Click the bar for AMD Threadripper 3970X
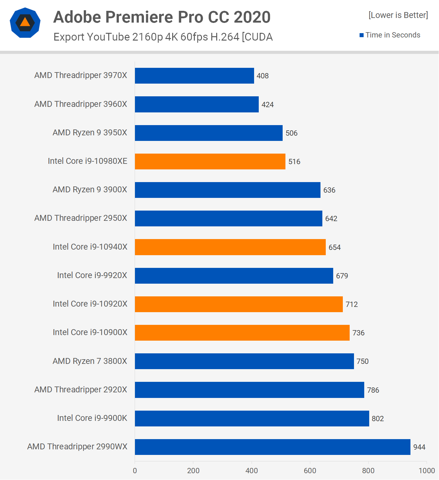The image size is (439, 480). click(x=194, y=76)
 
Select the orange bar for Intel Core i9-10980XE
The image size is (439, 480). click(x=210, y=161)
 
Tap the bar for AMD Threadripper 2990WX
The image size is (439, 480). click(x=272, y=447)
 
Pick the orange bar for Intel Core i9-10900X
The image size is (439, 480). click(x=242, y=333)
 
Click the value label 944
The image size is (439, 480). click(x=419, y=447)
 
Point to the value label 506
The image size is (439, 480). click(x=291, y=133)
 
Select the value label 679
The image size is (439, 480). click(x=342, y=276)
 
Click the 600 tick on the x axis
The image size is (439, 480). click(x=310, y=471)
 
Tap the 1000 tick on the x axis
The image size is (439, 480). click(x=427, y=471)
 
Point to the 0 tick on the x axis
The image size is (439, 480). click(x=135, y=471)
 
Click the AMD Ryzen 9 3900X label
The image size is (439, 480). click(x=90, y=190)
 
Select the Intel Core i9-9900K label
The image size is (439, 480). click(x=92, y=418)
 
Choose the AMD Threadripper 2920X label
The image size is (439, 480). click(x=81, y=390)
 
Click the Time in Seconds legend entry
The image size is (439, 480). click(x=393, y=35)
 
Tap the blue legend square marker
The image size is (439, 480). click(x=361, y=35)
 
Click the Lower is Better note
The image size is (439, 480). click(x=398, y=15)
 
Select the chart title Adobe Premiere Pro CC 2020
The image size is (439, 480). click(x=162, y=17)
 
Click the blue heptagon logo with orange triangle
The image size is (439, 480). click(x=25, y=23)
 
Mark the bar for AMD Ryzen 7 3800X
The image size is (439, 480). click(x=244, y=361)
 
